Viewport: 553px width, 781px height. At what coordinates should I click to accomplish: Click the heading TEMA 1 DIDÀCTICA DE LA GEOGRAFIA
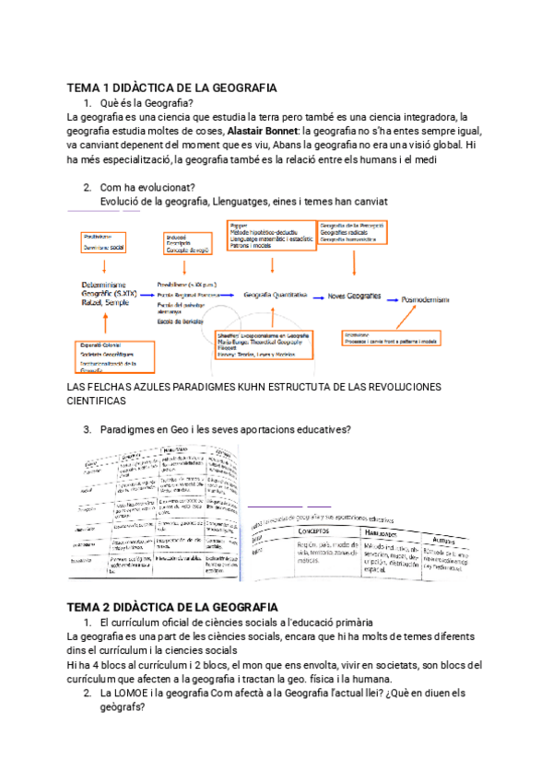tap(171, 87)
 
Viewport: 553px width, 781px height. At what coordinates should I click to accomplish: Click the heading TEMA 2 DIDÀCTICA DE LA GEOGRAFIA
tap(172, 607)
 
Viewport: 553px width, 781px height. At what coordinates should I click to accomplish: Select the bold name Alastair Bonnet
tap(265, 131)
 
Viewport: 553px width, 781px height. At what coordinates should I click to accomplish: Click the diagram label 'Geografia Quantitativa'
tap(275, 295)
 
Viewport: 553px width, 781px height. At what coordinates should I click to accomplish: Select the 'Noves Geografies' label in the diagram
tap(354, 296)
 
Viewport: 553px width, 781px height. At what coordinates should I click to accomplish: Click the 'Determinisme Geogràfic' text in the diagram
tap(105, 291)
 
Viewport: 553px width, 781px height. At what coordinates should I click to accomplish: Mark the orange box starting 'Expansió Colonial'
tap(108, 356)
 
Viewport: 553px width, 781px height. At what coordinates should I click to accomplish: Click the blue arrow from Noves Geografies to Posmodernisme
tap(392, 297)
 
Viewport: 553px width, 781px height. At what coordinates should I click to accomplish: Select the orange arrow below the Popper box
tap(274, 267)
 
